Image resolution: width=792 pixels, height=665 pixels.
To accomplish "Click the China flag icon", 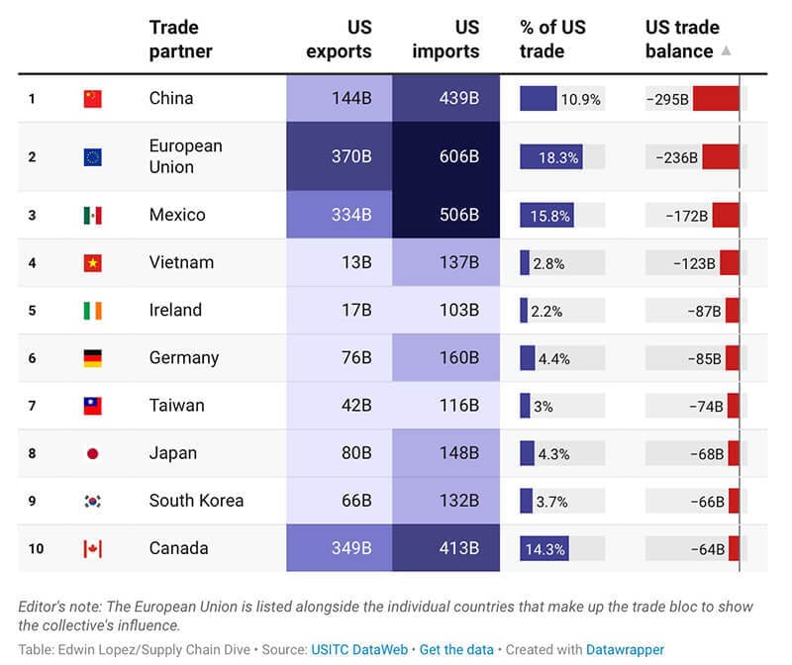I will click(92, 99).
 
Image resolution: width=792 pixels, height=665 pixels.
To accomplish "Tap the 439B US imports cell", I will click(446, 99).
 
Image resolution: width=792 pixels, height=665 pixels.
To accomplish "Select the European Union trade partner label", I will click(185, 156).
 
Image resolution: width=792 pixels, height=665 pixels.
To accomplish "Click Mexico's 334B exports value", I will click(340, 215).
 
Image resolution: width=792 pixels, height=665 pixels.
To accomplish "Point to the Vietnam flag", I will click(92, 263).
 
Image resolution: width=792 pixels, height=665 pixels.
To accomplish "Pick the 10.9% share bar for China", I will click(539, 99).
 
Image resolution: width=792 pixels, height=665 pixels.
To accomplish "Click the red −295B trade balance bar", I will click(716, 99).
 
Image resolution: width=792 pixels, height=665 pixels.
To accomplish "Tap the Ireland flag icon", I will click(92, 311).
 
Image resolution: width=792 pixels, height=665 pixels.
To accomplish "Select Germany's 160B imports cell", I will click(446, 358).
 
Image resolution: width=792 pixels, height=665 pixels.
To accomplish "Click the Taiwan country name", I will click(176, 406).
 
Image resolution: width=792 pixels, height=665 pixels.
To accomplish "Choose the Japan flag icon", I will click(92, 453).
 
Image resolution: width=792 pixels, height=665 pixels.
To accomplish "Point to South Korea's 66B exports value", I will click(340, 501).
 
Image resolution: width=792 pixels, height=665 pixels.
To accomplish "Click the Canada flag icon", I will click(92, 549).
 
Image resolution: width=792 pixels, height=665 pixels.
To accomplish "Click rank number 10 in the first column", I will click(36, 549).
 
